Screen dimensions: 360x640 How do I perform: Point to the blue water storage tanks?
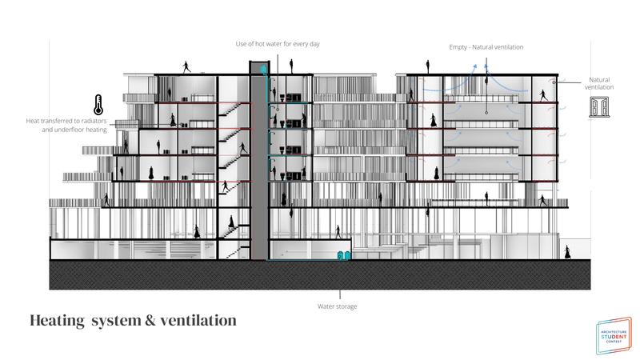[345, 256]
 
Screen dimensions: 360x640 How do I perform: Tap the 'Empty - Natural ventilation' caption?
[486, 47]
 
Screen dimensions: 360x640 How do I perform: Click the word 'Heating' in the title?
[57, 321]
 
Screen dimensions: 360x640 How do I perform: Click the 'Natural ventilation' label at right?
[601, 83]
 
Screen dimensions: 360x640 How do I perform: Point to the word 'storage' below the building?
[350, 306]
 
